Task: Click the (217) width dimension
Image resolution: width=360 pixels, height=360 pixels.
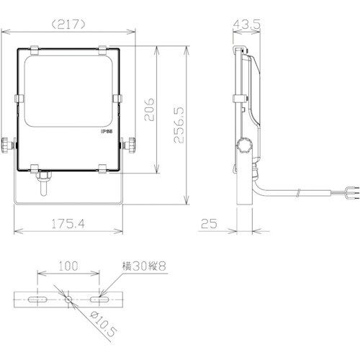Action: pos(70,23)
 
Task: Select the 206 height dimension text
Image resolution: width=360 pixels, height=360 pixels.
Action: pos(147,111)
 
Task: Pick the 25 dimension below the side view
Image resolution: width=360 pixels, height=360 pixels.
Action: pos(210,225)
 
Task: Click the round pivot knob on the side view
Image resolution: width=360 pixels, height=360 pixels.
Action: pos(243,148)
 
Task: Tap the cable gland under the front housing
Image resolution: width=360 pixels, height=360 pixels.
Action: pos(42,176)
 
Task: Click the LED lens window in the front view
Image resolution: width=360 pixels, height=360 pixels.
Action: pos(69,90)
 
